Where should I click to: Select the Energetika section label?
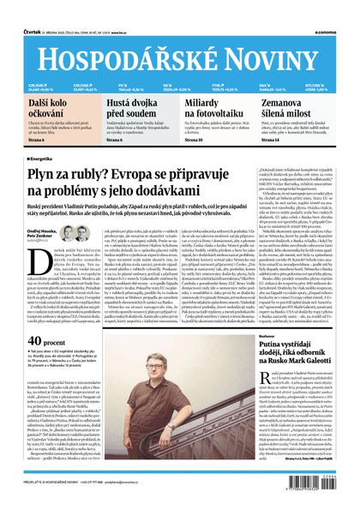[x=42, y=159]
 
